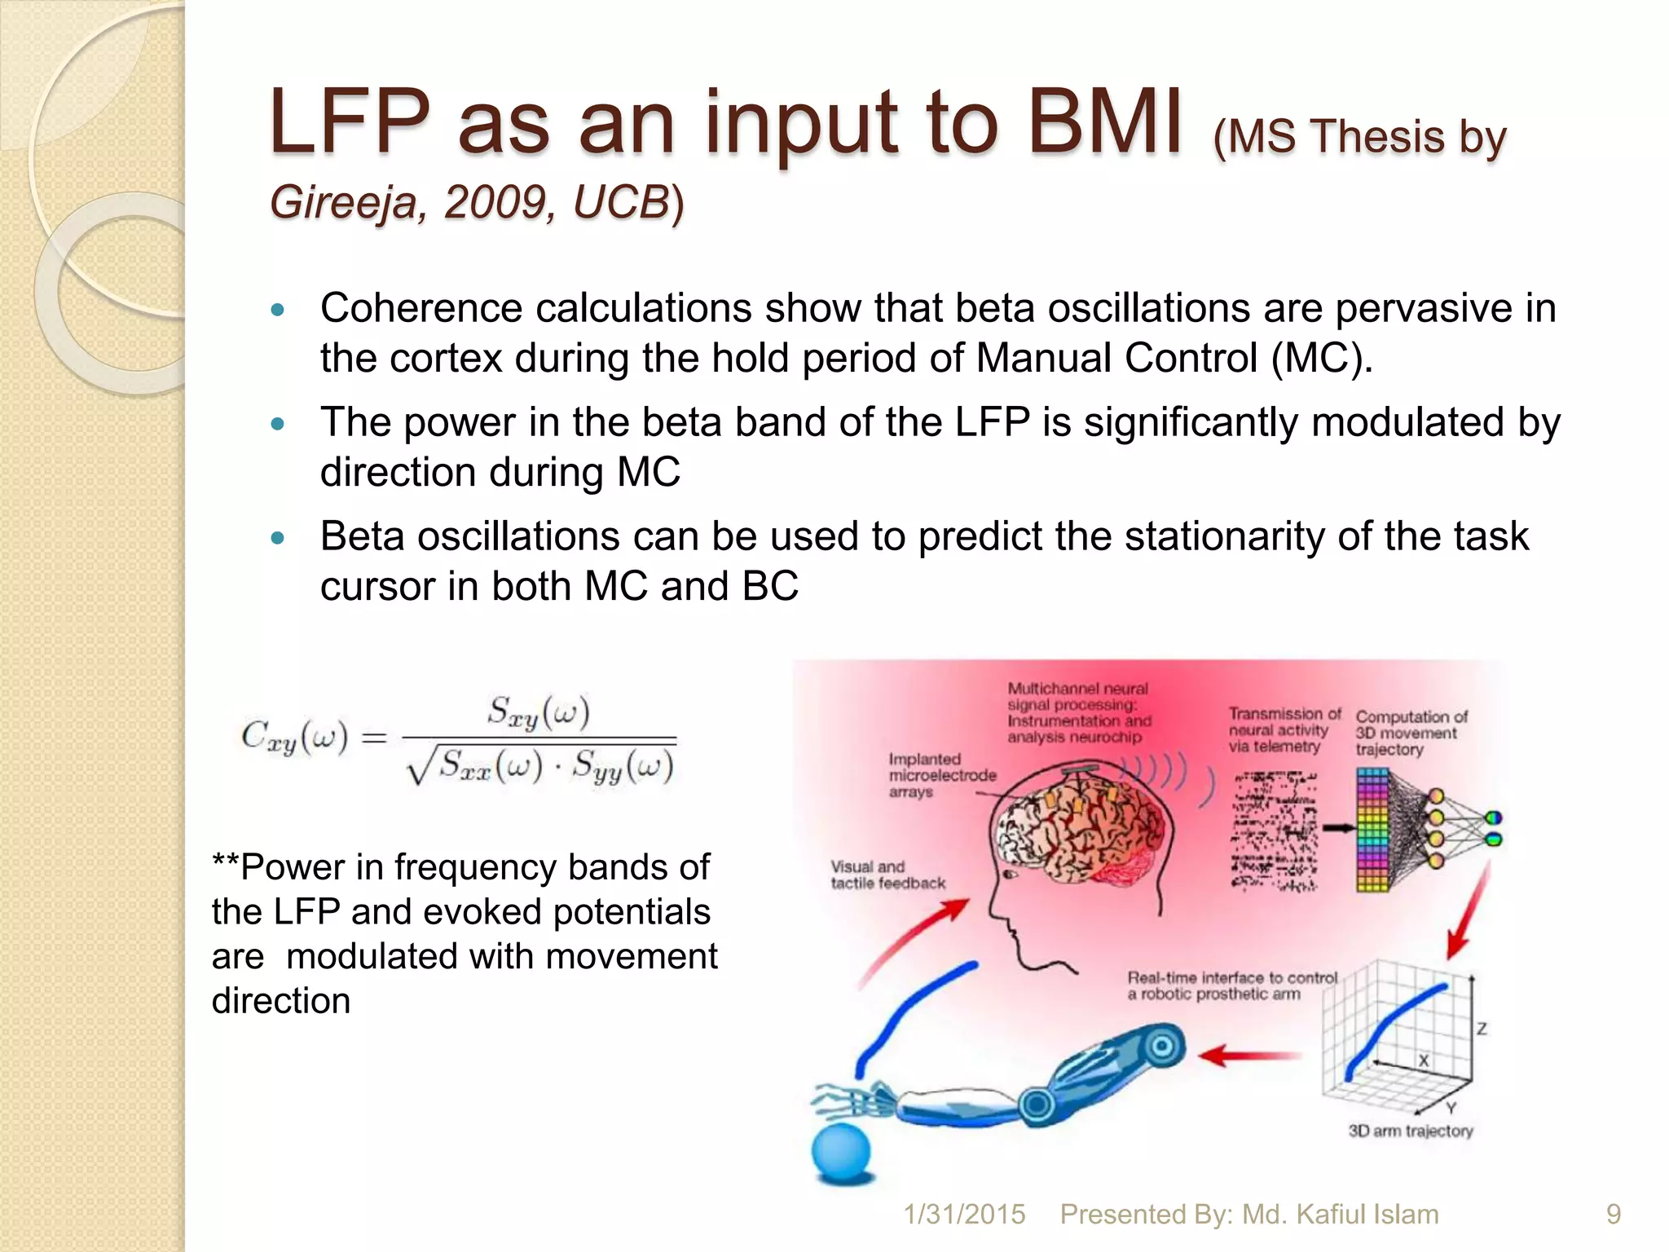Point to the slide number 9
1613,1215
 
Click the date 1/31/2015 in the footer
964,1215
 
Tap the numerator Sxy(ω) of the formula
538,712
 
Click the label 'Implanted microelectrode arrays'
941,775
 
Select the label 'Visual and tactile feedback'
887,875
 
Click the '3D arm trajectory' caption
1410,1131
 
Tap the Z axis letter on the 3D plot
1482,1029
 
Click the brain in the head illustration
1080,831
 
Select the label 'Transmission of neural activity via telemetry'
1283,730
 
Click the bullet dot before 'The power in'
278,424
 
